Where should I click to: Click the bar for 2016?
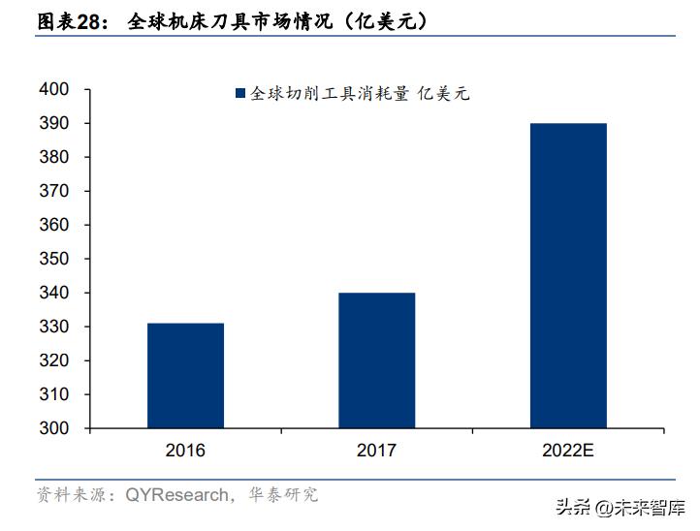pos(185,375)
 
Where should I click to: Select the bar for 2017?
pos(376,359)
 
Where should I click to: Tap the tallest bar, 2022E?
pos(568,275)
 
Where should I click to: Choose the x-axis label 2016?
pos(185,451)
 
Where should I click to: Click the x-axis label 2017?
pos(376,451)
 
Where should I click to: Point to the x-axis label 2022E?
pos(568,451)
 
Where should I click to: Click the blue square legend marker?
pos(239,94)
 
